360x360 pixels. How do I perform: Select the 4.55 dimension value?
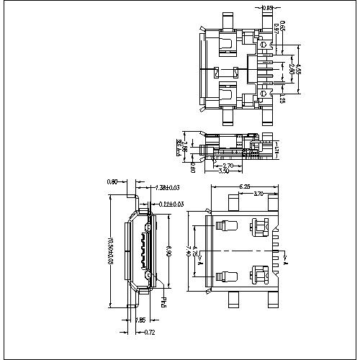300,71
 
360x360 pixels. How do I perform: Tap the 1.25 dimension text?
284,97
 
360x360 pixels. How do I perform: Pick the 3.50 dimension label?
224,171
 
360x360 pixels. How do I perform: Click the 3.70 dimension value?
259,194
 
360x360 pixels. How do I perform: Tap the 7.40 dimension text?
189,250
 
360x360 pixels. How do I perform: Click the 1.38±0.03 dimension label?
169,188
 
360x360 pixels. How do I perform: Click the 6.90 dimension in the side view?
168,253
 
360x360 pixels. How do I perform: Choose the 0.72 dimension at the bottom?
149,333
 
